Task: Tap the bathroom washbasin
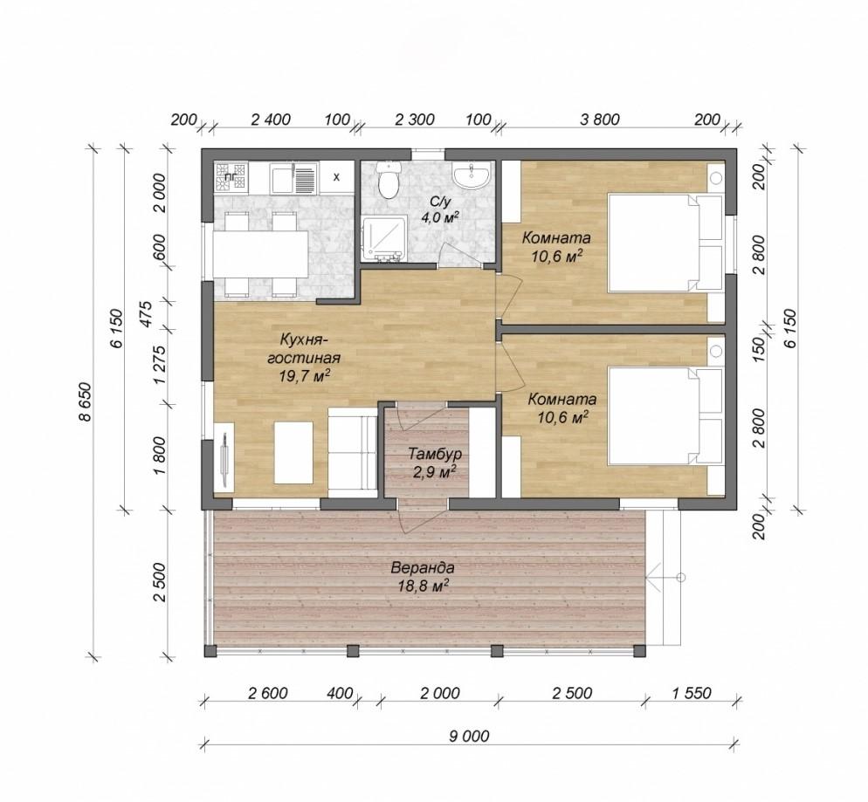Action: click(471, 175)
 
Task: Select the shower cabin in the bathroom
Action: click(383, 239)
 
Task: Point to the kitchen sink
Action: click(293, 177)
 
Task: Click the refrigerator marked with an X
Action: click(336, 177)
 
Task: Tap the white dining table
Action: click(261, 255)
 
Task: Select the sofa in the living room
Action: click(353, 449)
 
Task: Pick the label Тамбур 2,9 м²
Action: click(434, 463)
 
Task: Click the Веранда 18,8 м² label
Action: click(423, 576)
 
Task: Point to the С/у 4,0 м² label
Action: click(440, 209)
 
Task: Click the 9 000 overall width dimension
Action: click(469, 737)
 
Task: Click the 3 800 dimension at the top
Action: click(600, 119)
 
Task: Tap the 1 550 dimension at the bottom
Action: click(692, 693)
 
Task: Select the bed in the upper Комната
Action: click(666, 242)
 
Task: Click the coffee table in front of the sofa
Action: click(294, 452)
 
